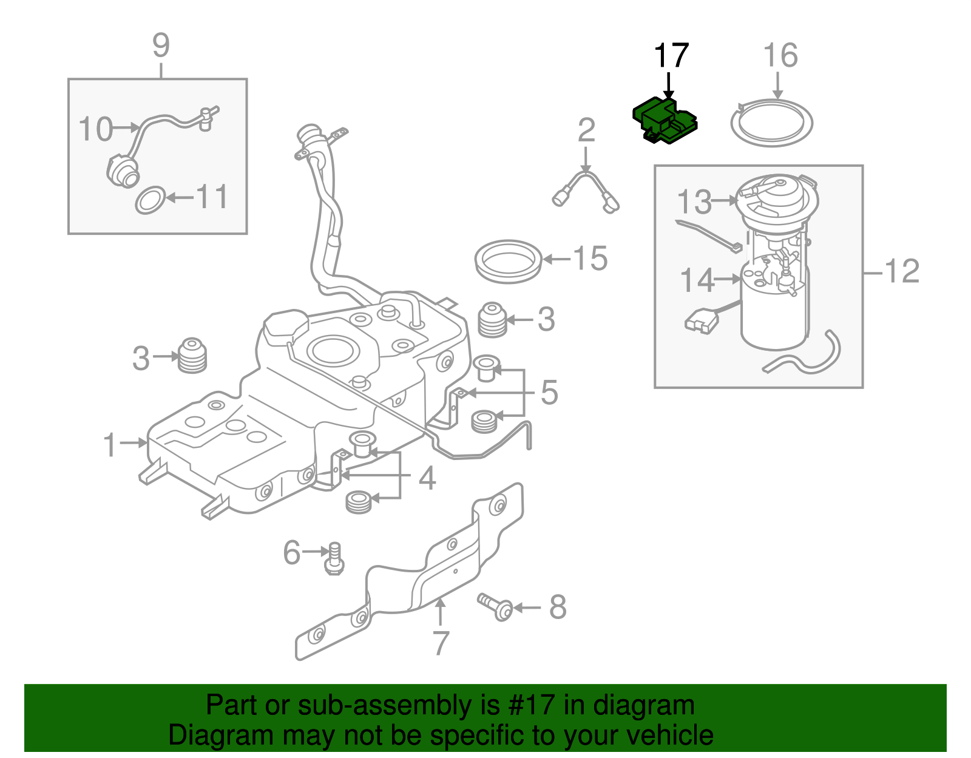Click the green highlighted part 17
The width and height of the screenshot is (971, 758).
coord(664,121)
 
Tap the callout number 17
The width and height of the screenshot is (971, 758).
coord(671,56)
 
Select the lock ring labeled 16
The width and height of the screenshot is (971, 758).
coord(771,124)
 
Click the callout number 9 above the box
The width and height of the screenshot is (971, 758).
coord(161,46)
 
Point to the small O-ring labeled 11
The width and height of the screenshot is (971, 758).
coord(150,201)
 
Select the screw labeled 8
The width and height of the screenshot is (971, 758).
coord(495,606)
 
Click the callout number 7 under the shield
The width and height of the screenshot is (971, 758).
coord(441,643)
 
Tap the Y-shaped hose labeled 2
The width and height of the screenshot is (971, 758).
coord(585,188)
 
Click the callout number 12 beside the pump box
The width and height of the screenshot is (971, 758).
coord(902,271)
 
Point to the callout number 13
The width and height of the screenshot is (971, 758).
coord(694,202)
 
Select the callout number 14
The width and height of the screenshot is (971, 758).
coord(697,280)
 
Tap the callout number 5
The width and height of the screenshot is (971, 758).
coord(549,393)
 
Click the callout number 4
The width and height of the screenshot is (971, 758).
coord(427,478)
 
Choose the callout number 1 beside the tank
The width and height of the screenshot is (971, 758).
coord(110,445)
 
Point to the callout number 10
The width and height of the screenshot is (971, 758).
coord(96,129)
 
